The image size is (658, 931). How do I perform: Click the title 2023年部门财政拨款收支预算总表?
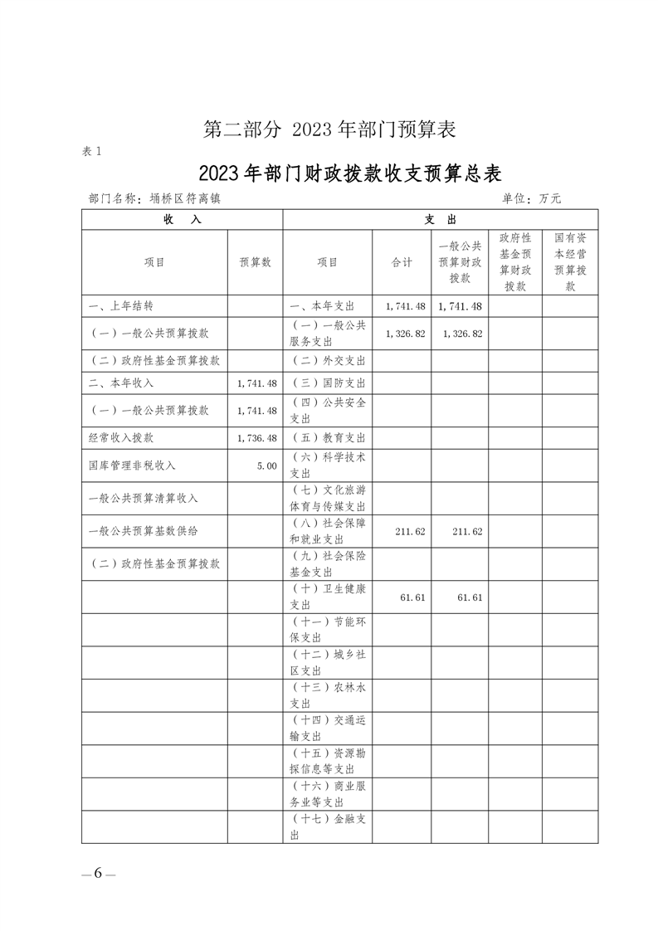351,174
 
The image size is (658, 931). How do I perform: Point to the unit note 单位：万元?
531,199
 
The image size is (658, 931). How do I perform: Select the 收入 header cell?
182,219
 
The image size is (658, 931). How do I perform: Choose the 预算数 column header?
256,261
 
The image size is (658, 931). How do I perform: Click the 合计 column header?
402,261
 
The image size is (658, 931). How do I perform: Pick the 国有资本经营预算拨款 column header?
570,261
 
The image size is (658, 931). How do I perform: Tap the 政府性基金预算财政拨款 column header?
514,261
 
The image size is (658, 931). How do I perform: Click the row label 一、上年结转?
121,305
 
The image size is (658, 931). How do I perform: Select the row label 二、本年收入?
121,383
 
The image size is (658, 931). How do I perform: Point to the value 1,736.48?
256,437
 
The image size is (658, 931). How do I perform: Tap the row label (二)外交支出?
329,361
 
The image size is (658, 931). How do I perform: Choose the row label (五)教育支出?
329,437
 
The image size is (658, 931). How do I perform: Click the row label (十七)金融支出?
329,827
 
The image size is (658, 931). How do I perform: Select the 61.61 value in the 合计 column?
412,597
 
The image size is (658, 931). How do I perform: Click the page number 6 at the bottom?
97,873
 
